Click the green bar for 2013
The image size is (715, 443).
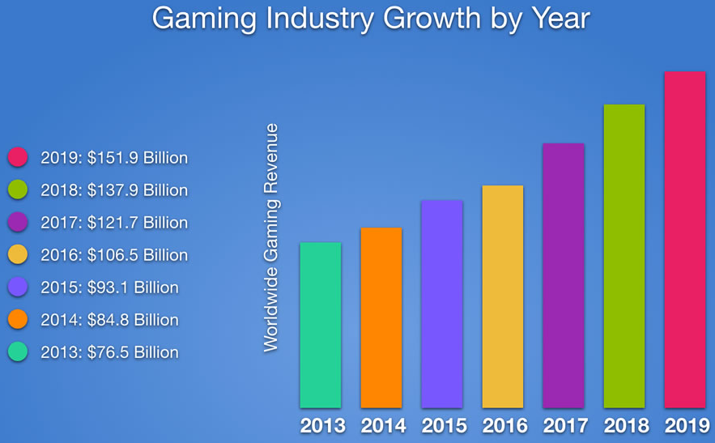point(320,325)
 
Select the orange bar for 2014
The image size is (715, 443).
point(381,317)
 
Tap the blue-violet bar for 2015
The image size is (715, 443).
point(441,304)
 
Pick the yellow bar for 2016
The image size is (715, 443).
point(502,296)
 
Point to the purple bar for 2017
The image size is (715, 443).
point(564,275)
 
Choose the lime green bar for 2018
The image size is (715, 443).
point(624,256)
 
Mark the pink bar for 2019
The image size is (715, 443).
point(685,239)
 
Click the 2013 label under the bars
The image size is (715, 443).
point(322,426)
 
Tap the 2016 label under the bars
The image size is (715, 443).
point(504,426)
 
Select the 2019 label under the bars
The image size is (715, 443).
point(687,426)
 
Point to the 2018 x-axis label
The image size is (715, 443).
point(626,426)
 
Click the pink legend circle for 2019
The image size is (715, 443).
point(18,157)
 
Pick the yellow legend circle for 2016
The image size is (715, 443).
point(18,254)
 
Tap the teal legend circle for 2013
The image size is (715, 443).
point(18,351)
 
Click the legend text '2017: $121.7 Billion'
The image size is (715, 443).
point(114,223)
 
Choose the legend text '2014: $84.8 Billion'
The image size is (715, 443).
point(109,320)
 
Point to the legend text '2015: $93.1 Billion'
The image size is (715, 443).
point(109,288)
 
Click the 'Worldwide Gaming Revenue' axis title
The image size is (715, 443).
point(270,238)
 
